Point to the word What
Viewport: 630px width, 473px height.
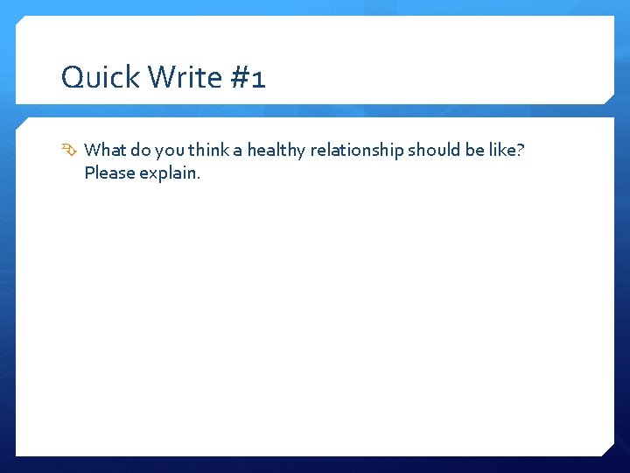pos(106,151)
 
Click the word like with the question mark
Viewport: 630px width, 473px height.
pos(504,151)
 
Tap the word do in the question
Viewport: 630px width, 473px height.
pos(141,151)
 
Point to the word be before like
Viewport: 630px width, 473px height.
pos(475,151)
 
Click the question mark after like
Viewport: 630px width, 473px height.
pos(521,151)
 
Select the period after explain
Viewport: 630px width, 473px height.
pos(199,177)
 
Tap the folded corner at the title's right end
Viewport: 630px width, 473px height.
pos(610,98)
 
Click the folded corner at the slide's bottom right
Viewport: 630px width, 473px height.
pos(606,449)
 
